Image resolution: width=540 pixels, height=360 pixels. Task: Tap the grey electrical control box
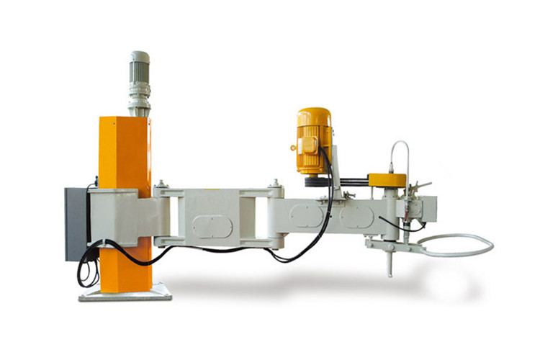pyautogui.click(x=75, y=223)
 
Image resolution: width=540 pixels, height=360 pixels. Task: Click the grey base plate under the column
pyautogui.click(x=125, y=292)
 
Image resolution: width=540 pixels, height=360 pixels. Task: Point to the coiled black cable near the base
pyautogui.click(x=88, y=274)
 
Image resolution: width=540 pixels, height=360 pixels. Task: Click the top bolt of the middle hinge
pyautogui.click(x=274, y=185)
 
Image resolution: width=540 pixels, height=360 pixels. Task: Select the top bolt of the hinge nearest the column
pyautogui.click(x=161, y=184)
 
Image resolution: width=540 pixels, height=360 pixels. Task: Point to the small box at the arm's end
pyautogui.click(x=429, y=210)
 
